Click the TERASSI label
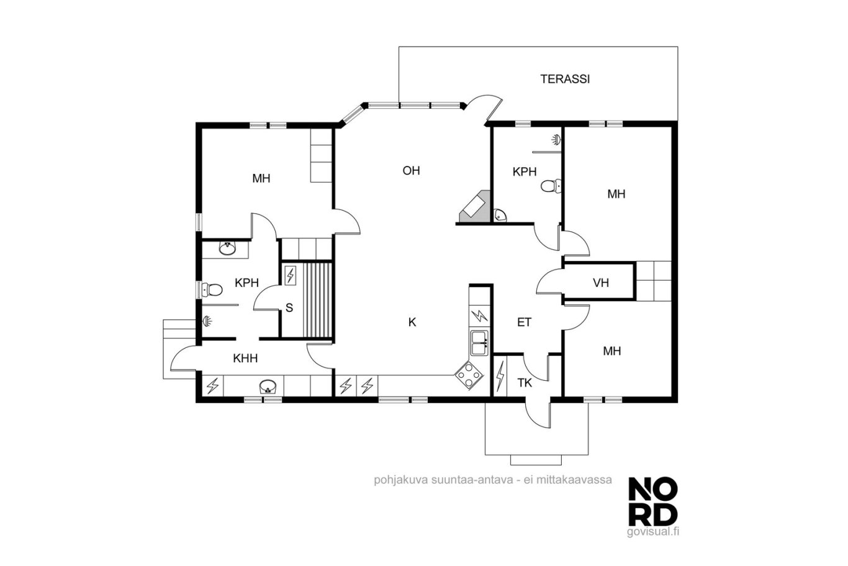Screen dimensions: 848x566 (x=565, y=79)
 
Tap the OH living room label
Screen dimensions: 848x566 (x=411, y=171)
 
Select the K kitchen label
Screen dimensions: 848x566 (x=412, y=322)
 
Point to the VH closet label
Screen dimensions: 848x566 (x=601, y=283)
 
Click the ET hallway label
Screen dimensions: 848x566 (x=524, y=322)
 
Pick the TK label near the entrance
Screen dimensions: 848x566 (x=525, y=383)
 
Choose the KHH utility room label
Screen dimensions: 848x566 (x=245, y=358)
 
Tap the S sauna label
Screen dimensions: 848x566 (x=289, y=308)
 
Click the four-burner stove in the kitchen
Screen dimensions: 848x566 (x=469, y=375)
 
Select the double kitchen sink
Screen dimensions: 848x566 (x=479, y=343)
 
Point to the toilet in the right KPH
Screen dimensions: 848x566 (x=551, y=186)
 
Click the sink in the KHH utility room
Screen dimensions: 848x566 (x=268, y=386)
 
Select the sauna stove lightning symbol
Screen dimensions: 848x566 (x=291, y=275)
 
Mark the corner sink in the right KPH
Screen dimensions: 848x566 (x=500, y=215)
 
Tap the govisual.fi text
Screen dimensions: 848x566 (x=653, y=532)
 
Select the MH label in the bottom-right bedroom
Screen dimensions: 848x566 (x=611, y=351)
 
